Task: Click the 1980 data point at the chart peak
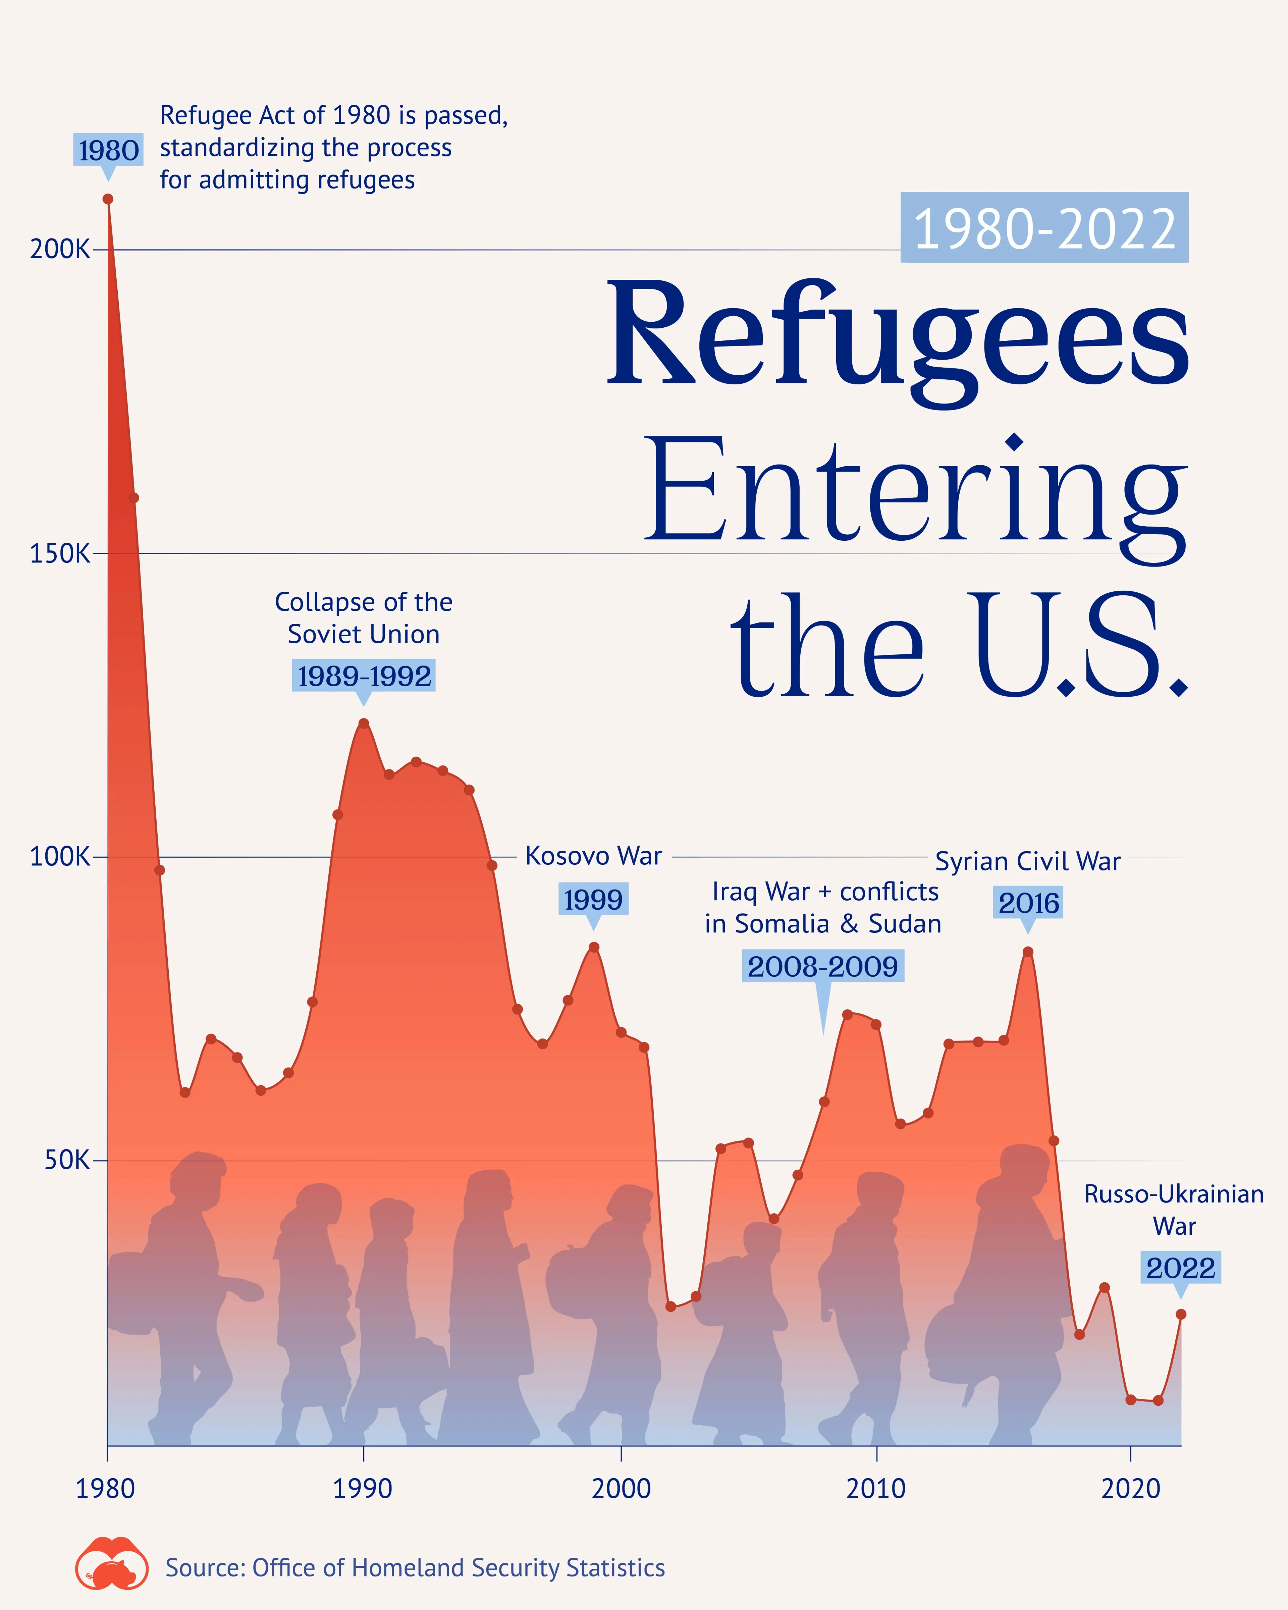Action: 108,199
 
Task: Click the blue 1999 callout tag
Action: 593,899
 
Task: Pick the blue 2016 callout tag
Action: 1028,903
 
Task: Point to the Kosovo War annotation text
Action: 594,856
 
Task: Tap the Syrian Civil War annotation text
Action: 1027,861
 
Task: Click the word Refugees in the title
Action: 898,336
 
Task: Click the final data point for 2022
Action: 1180,1314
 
